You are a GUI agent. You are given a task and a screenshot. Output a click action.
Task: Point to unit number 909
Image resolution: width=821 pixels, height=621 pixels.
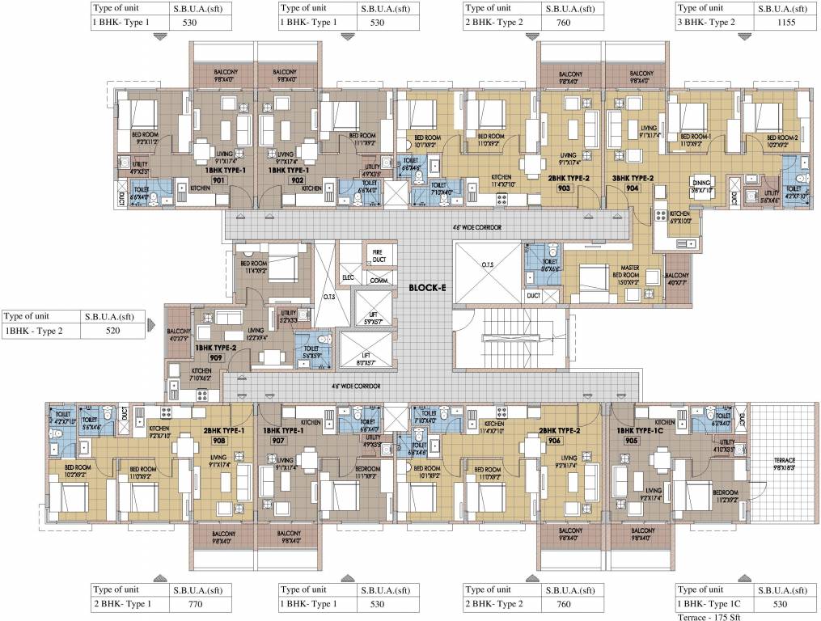coord(215,357)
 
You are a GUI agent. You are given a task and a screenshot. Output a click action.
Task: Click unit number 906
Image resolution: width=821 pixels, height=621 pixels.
coord(553,441)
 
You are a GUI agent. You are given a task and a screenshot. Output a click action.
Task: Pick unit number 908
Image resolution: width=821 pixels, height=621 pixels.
coord(218,441)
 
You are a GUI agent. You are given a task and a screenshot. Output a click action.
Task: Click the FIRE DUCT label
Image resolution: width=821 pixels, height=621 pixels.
coord(376,255)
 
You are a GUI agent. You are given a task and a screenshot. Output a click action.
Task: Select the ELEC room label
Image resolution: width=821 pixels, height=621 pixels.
coord(349,277)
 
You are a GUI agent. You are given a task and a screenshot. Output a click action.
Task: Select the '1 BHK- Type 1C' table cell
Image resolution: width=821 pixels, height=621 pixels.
coord(714,603)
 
